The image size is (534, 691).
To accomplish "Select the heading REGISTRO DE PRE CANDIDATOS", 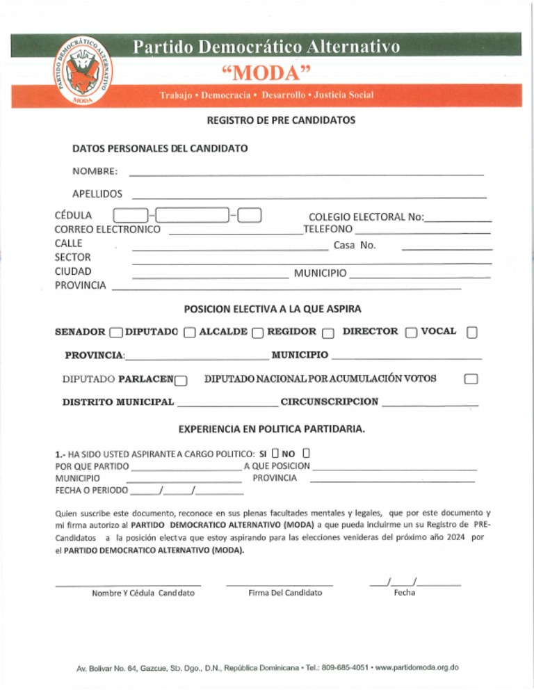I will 281,120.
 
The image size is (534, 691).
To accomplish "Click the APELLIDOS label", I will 97,193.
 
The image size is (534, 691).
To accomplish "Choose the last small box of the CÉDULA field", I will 249,216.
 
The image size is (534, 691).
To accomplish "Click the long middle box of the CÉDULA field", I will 193,216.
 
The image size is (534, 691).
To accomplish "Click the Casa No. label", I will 355,245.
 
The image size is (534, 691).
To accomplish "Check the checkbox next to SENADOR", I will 116,333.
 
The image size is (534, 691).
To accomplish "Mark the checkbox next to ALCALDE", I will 258,333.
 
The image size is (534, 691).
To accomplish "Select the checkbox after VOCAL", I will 472,333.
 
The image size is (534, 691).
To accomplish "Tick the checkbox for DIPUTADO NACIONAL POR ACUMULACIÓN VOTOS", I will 471,379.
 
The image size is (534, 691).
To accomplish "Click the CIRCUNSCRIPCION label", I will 330,402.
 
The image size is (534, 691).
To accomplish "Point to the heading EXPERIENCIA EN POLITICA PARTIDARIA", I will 272,429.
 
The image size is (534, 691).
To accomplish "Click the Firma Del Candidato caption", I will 285,593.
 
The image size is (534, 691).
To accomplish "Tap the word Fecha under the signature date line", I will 404,593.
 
